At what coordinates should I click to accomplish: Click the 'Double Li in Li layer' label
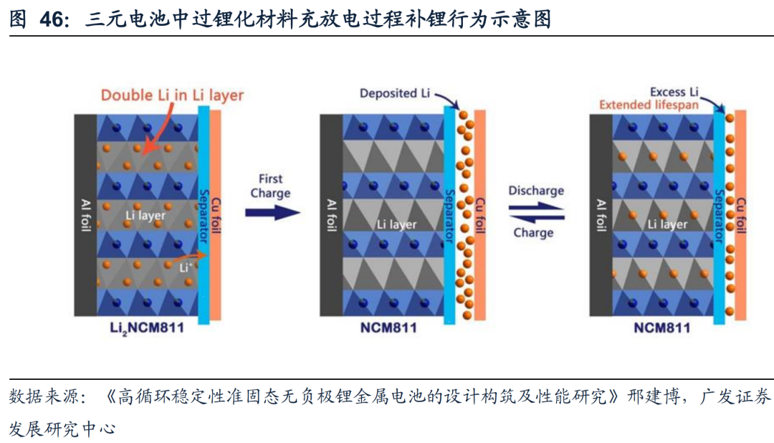pyautogui.click(x=172, y=95)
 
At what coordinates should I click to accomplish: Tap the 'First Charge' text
pyautogui.click(x=270, y=186)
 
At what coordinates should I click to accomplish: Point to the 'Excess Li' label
pyautogui.click(x=674, y=92)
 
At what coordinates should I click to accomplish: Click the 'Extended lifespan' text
pyautogui.click(x=649, y=105)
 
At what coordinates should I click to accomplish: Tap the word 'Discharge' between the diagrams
pyautogui.click(x=536, y=191)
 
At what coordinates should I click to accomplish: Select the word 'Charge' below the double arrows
pyautogui.click(x=533, y=232)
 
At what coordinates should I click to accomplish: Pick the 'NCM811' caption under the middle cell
pyautogui.click(x=389, y=329)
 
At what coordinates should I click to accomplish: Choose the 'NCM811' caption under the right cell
pyautogui.click(x=661, y=329)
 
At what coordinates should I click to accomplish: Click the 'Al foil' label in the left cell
pyautogui.click(x=85, y=215)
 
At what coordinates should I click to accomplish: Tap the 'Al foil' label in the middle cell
pyautogui.click(x=330, y=215)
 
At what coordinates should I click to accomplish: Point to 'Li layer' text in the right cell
pyautogui.click(x=667, y=224)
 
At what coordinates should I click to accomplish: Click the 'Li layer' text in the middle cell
pyautogui.click(x=397, y=224)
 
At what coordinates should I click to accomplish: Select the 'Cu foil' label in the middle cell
pyautogui.click(x=480, y=215)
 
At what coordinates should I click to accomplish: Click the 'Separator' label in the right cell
pyautogui.click(x=720, y=215)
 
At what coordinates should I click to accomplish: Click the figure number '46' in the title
pyautogui.click(x=52, y=19)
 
